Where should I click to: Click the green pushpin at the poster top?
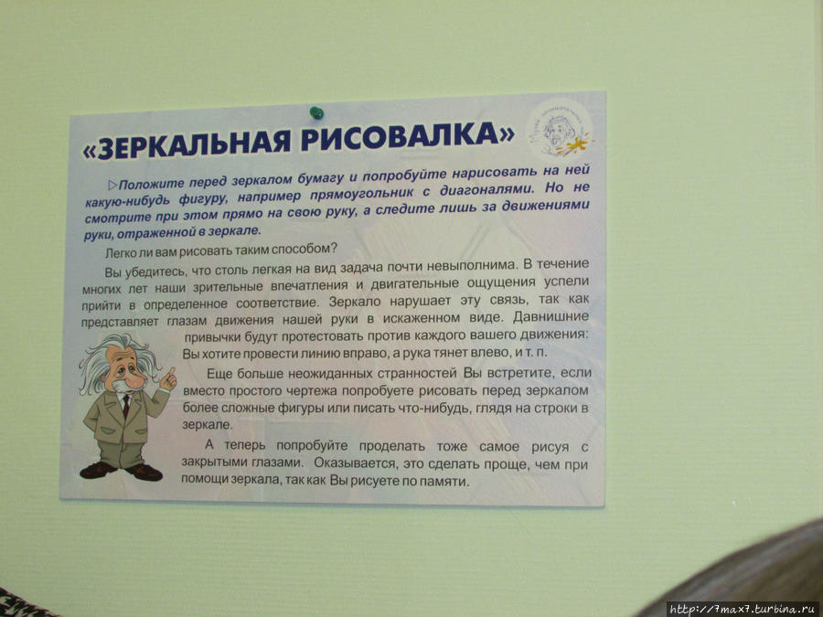tap(316, 112)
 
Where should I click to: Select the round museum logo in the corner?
tap(560, 131)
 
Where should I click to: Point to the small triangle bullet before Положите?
tap(112, 186)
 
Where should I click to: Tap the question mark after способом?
tap(333, 247)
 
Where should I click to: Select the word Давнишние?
tap(550, 317)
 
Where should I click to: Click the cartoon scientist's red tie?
tap(126, 405)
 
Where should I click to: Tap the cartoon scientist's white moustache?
tap(121, 388)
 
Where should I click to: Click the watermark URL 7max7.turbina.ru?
tap(744, 609)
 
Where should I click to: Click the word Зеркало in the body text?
tap(357, 302)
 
